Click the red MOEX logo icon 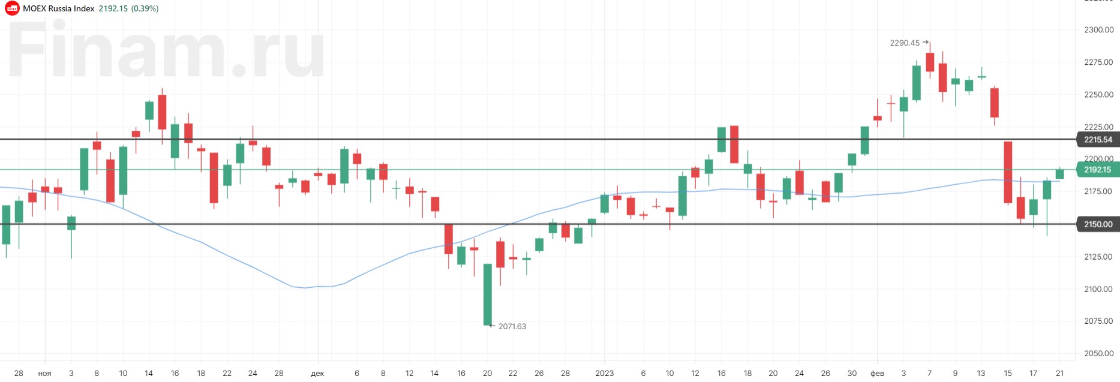point(12,8)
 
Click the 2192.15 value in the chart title point(113,8)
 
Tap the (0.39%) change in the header point(145,8)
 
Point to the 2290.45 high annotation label point(904,43)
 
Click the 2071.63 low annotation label point(512,326)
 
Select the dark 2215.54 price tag point(1097,140)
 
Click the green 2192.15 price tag point(1097,170)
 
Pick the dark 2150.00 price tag point(1097,224)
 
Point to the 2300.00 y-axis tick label point(1098,29)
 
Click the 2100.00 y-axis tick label point(1098,289)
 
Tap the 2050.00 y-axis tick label point(1098,353)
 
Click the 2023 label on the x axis point(605,373)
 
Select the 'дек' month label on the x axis point(317,373)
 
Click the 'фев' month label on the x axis point(877,373)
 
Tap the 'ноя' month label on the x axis point(45,373)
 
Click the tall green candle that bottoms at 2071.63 point(488,294)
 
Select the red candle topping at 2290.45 point(930,62)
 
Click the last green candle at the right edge point(1060,174)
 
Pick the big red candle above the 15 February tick point(1008,172)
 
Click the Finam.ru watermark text point(165,51)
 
